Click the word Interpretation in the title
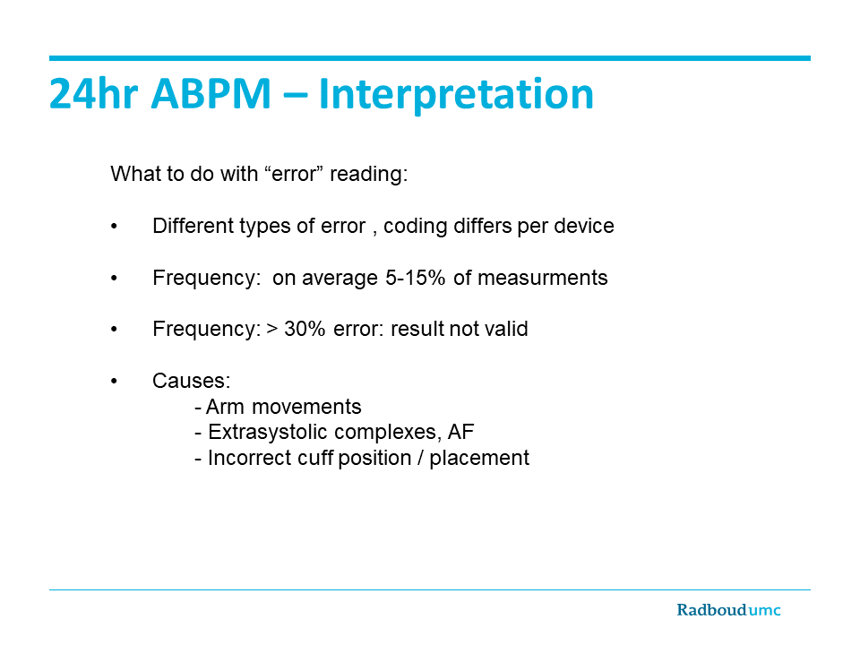point(456,94)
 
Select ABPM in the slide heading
point(211,94)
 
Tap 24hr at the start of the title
point(93,93)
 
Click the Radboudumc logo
point(728,610)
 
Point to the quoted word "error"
point(294,174)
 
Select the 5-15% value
point(415,278)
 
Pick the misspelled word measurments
point(543,278)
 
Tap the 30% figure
point(305,329)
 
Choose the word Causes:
point(192,381)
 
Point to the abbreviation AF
point(460,432)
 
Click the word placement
point(478,459)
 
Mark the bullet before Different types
point(114,226)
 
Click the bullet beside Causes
point(114,382)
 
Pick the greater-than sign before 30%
point(272,329)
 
